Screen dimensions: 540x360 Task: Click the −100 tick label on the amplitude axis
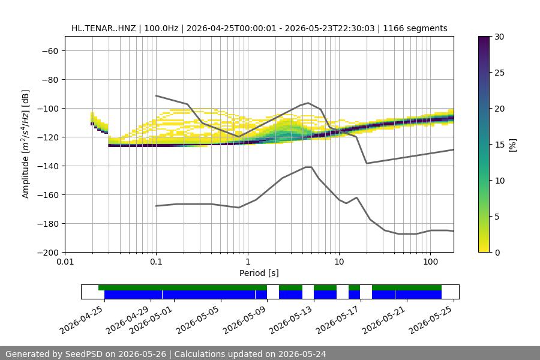click(x=50, y=109)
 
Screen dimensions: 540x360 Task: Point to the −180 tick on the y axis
click(x=50, y=224)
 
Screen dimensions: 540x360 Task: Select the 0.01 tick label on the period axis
click(x=65, y=262)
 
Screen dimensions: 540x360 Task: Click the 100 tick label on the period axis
click(x=430, y=262)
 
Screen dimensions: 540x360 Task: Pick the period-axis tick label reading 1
click(x=248, y=262)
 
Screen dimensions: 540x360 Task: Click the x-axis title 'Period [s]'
click(x=259, y=273)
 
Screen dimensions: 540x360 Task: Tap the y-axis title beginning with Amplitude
click(x=25, y=144)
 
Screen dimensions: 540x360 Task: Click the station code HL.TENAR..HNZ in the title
click(x=103, y=28)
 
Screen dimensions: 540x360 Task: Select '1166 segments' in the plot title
click(x=415, y=28)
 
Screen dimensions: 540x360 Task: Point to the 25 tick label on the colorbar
click(x=499, y=73)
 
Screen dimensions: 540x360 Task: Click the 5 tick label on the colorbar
click(x=497, y=217)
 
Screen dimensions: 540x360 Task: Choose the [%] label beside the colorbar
click(x=512, y=145)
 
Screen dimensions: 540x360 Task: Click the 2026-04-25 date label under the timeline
click(x=81, y=320)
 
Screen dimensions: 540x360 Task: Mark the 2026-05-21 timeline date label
click(x=383, y=320)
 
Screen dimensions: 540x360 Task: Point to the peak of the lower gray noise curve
click(x=308, y=167)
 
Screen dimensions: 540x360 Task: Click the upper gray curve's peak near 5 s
click(x=308, y=103)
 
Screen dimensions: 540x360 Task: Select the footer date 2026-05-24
click(x=302, y=354)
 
